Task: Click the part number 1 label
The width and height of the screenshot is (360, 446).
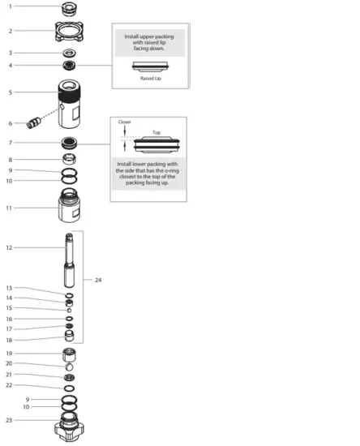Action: coord(10,6)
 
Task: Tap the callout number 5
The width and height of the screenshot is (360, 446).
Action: coord(10,92)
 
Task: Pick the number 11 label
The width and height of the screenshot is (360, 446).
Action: coord(10,208)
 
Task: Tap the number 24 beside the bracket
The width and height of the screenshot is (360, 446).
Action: coord(98,280)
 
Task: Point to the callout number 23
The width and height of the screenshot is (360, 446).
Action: coord(10,420)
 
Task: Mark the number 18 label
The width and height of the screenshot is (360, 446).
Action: coord(10,339)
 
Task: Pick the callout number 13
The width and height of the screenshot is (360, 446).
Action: coord(10,288)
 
